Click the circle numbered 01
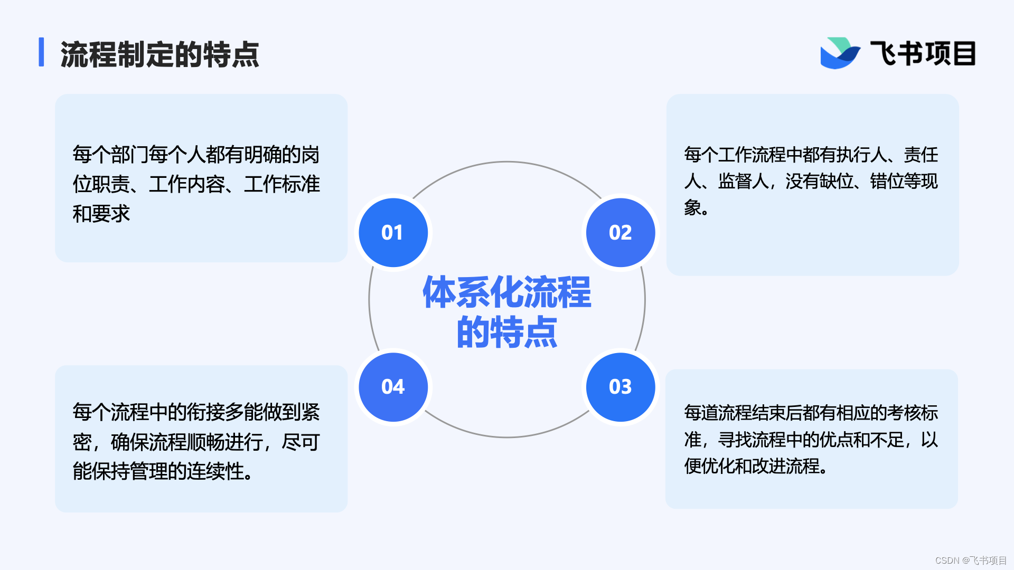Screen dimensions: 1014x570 (x=393, y=232)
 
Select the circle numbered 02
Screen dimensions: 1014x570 (x=621, y=232)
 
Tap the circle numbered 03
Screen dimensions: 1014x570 (x=621, y=387)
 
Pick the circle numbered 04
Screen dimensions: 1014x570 (x=393, y=387)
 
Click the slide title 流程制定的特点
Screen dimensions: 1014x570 (x=159, y=54)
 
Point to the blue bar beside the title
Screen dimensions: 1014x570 (x=41, y=52)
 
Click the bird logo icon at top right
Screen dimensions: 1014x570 (x=839, y=53)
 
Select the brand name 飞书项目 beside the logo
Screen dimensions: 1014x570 (x=923, y=54)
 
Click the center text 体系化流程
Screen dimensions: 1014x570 (x=507, y=292)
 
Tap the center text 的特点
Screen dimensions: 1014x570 (x=507, y=332)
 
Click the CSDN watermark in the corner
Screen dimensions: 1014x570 (x=971, y=560)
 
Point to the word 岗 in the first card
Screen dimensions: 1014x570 (x=311, y=155)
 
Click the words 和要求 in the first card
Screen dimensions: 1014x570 (x=101, y=214)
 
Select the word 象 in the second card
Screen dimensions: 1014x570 (x=693, y=207)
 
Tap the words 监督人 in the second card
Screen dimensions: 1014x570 (x=743, y=181)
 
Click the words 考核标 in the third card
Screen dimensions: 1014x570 (x=912, y=413)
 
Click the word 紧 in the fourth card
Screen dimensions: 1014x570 (x=311, y=412)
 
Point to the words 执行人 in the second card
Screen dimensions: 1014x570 (x=861, y=155)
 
